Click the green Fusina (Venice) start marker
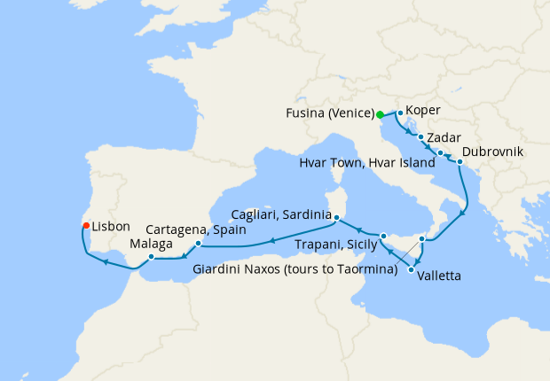point(380,114)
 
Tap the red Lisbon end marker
point(86,226)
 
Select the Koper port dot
point(400,113)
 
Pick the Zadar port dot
point(420,138)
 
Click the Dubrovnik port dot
point(460,162)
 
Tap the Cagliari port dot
point(336,215)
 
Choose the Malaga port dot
point(152,257)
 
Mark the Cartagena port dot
point(197,242)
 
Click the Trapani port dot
point(382,236)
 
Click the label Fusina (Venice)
point(329,114)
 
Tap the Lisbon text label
point(111,227)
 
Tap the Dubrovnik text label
point(492,152)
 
